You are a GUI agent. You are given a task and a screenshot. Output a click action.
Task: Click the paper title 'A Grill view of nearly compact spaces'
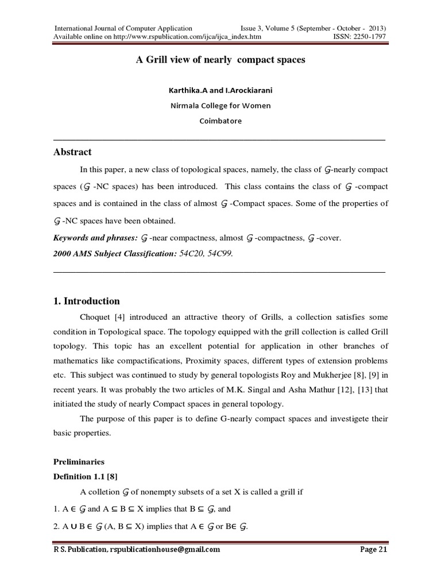[x=220, y=60]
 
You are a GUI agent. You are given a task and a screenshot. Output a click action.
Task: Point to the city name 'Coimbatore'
[x=220, y=121]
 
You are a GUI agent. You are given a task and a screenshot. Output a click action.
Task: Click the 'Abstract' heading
[x=72, y=152]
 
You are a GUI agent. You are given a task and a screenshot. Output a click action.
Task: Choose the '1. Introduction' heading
[x=86, y=301]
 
